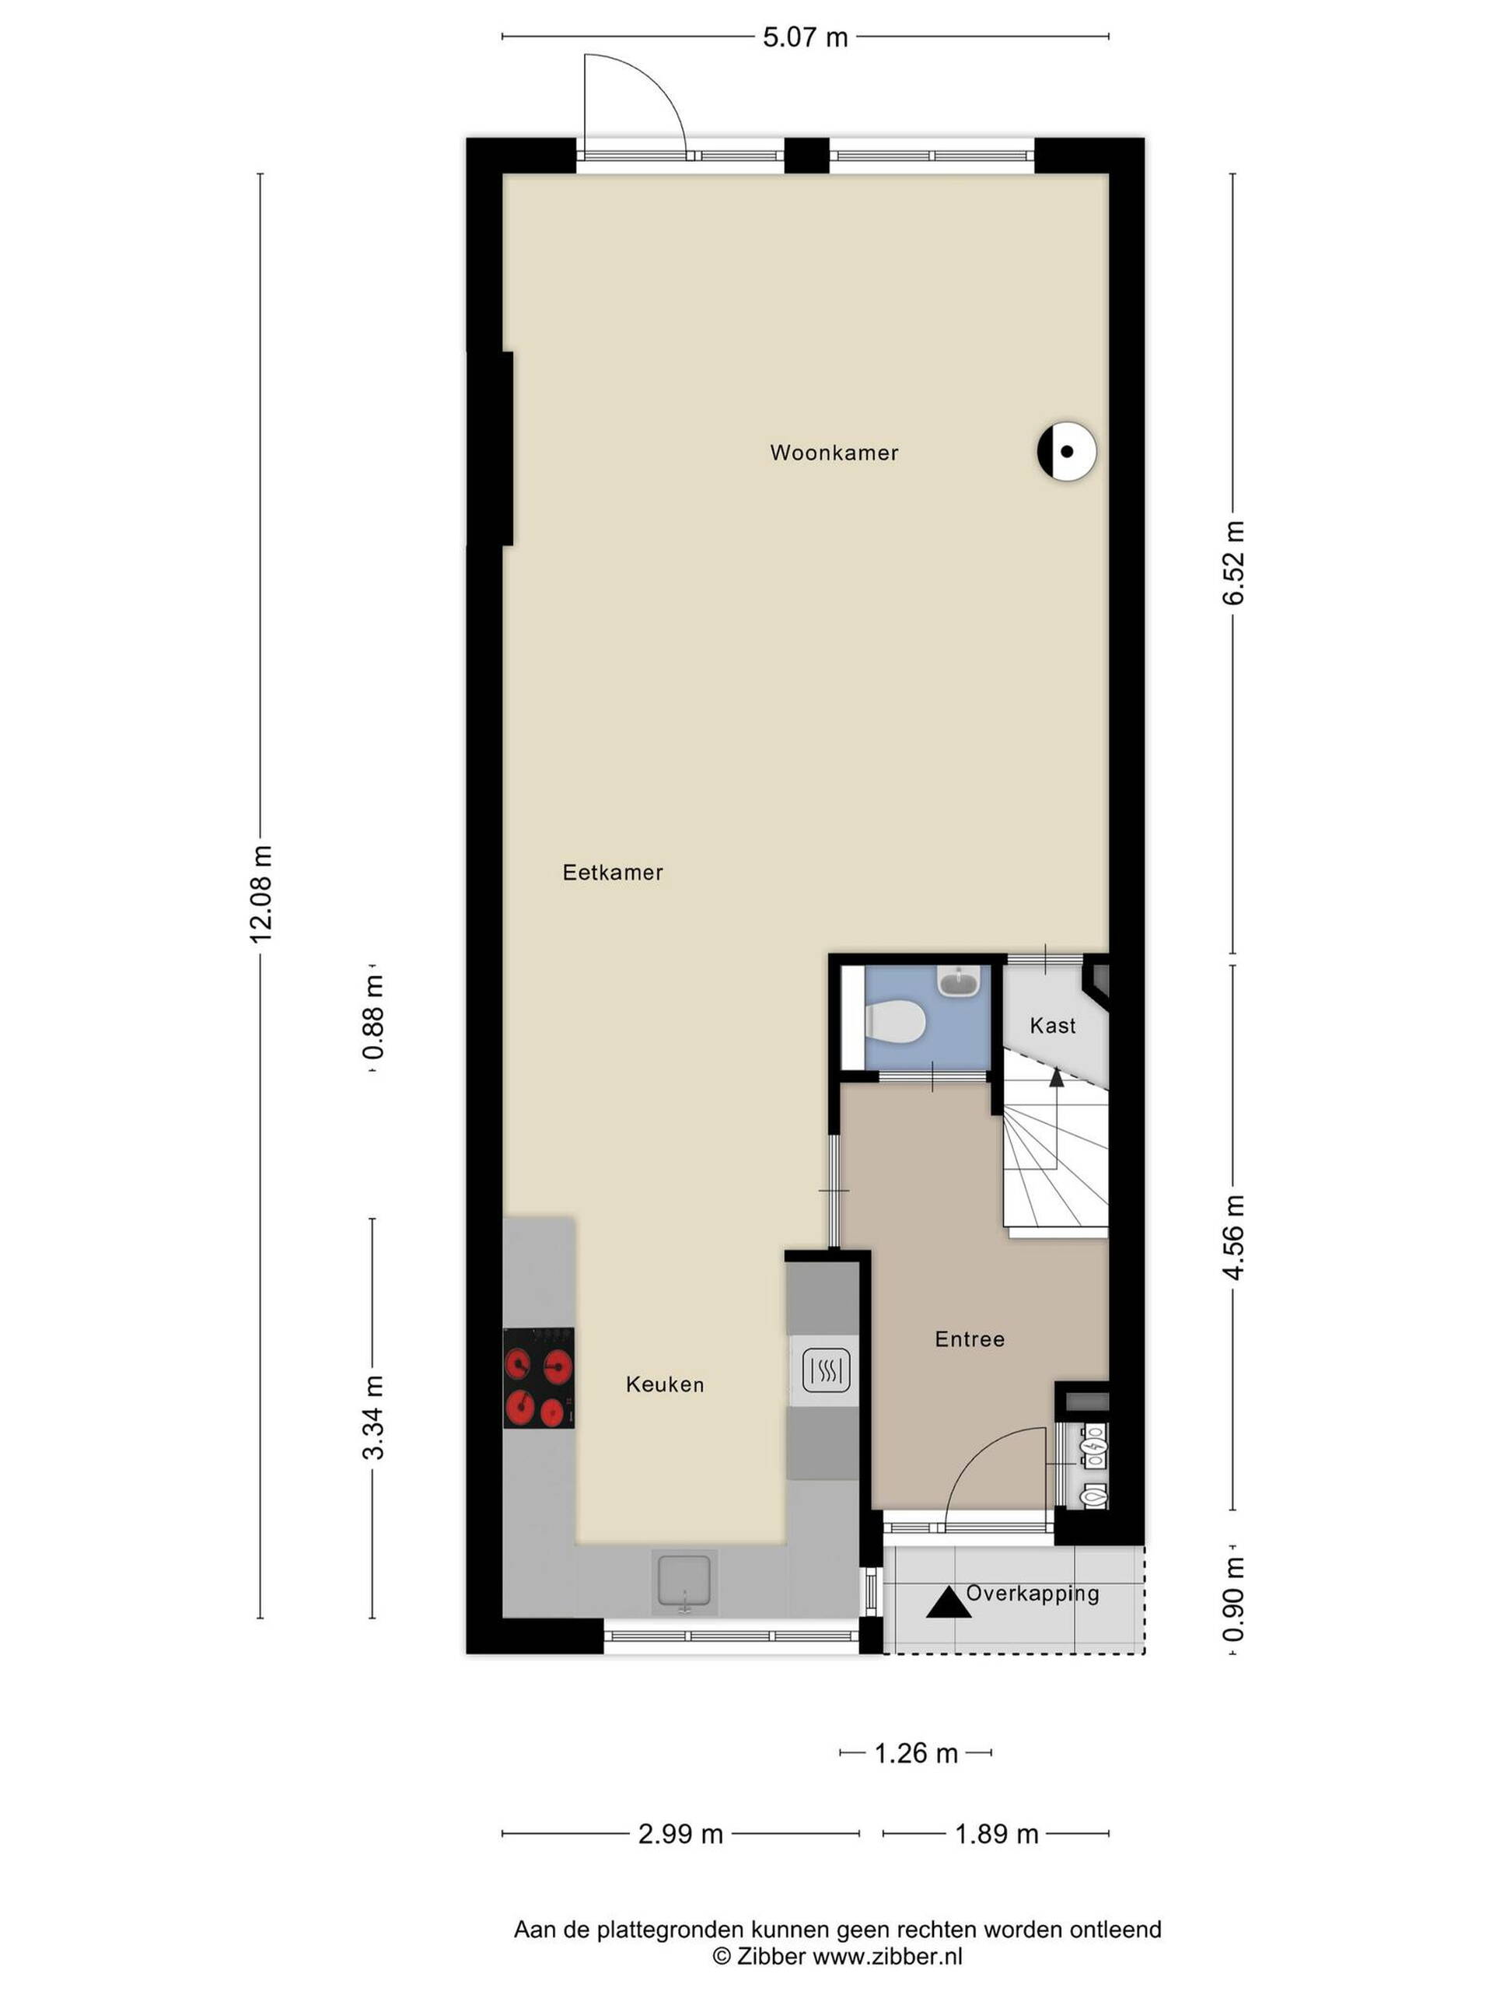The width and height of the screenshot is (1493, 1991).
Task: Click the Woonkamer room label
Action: coord(834,453)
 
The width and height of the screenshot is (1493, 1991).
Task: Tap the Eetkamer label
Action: coord(613,872)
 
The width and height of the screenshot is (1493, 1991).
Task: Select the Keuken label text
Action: coord(665,1384)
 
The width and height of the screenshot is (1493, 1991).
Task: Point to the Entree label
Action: coord(969,1339)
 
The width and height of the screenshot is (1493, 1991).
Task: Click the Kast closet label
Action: coord(1053,1025)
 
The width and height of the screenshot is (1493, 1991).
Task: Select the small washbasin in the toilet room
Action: coord(960,981)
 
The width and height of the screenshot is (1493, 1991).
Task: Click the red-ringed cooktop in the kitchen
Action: coord(538,1378)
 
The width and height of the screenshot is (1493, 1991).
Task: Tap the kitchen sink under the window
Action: coord(686,1579)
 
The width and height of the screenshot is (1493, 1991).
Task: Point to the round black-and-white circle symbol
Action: coord(1066,451)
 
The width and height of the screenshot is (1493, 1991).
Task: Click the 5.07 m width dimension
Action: coord(806,37)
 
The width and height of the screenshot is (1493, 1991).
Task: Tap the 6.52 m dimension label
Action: coord(1234,562)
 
